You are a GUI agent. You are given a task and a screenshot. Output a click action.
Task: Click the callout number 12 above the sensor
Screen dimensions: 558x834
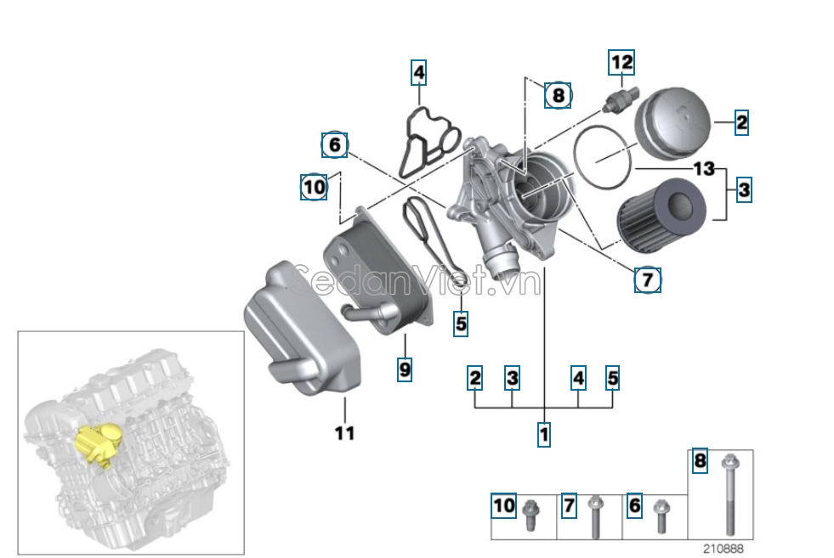point(621,62)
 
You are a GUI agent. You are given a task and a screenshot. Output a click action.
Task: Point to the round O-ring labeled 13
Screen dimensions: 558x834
point(602,157)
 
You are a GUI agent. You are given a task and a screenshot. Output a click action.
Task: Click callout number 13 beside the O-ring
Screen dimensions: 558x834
point(704,169)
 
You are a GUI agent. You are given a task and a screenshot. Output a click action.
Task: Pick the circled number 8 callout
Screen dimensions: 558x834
point(558,95)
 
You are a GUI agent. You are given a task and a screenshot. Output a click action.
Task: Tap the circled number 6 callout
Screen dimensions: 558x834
point(334,145)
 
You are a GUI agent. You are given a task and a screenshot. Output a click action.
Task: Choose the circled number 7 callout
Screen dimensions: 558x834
point(647,279)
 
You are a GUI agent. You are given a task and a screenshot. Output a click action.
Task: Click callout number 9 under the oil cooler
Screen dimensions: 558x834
point(405,369)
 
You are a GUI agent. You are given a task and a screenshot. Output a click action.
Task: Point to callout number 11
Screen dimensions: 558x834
point(343,433)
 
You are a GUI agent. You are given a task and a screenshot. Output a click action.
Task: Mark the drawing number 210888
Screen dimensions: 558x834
point(723,548)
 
